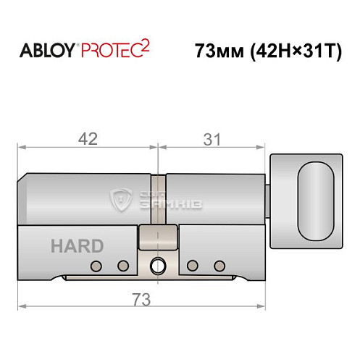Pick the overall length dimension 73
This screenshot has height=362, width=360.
click(x=140, y=297)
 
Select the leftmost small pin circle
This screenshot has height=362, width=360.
click(x=94, y=265)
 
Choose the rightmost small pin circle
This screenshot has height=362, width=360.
click(x=218, y=265)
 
